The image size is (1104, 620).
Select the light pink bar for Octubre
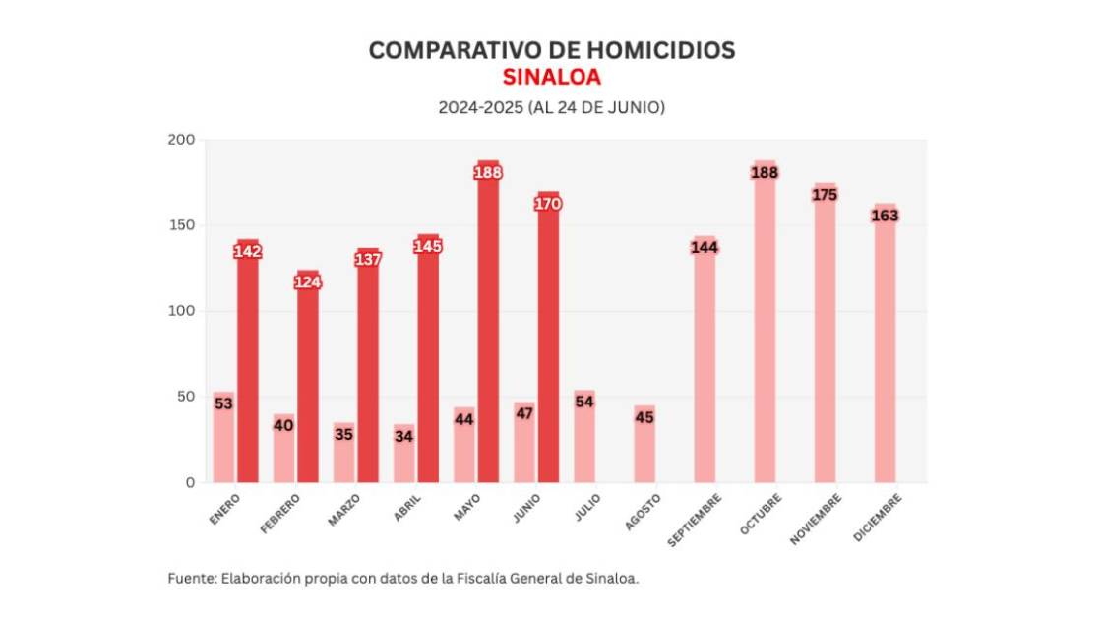tap(765, 335)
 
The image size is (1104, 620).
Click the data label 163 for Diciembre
tap(885, 216)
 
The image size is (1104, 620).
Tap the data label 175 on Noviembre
tap(825, 195)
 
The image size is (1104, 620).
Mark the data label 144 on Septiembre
tap(705, 247)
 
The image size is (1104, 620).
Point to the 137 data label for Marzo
tap(368, 259)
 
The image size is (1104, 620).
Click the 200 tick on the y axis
tap(181, 140)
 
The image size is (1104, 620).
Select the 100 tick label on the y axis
tap(181, 311)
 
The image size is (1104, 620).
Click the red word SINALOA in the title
tap(551, 78)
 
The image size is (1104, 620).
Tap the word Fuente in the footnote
tap(191, 579)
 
